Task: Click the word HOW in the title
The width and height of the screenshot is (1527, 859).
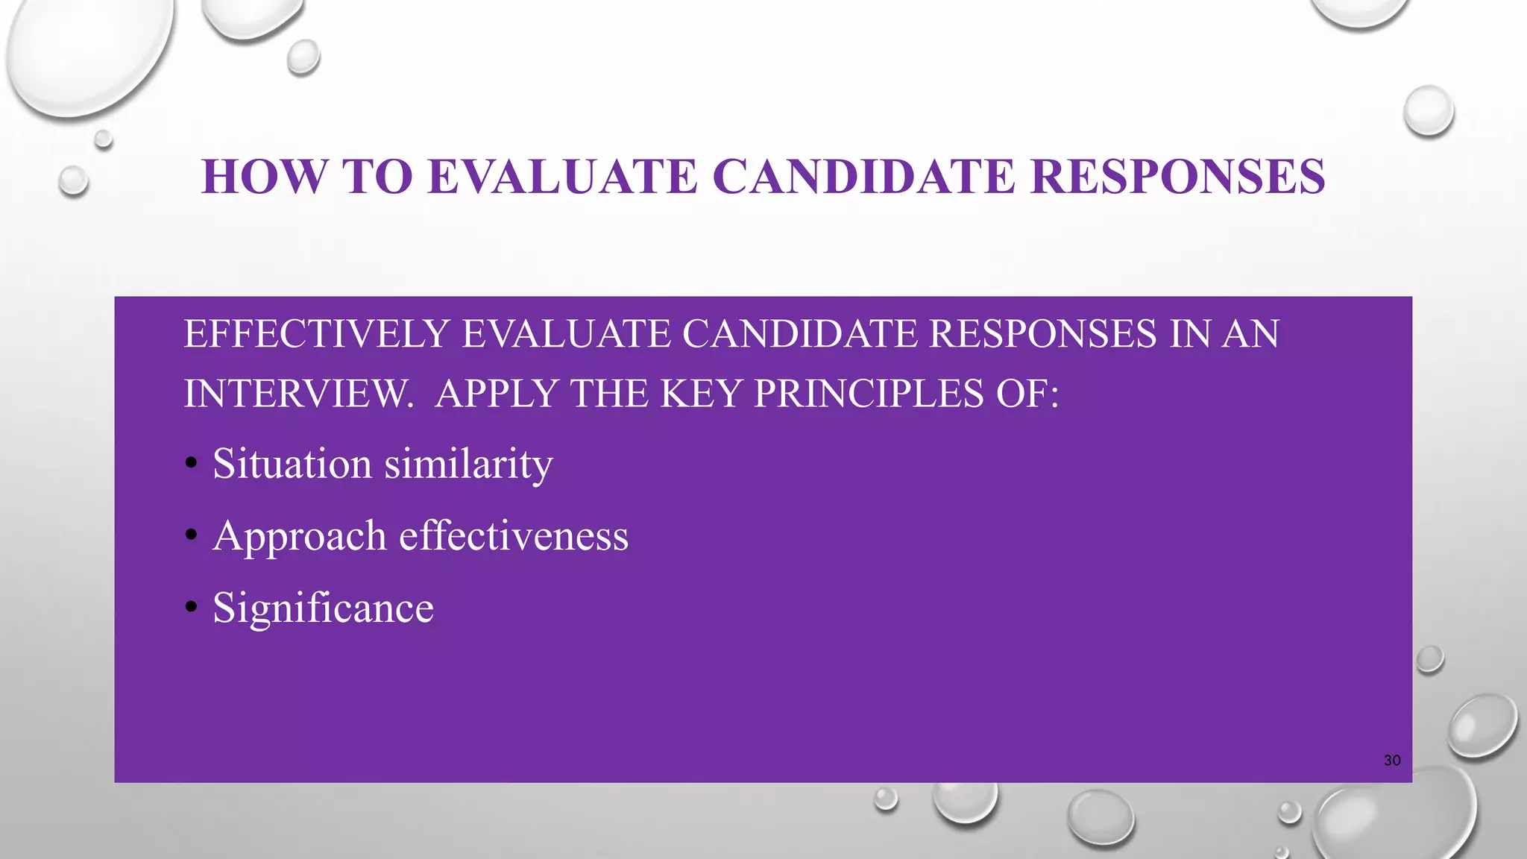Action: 264,177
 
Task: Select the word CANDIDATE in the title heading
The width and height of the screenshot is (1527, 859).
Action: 863,177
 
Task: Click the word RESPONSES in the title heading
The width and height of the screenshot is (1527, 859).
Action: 1177,177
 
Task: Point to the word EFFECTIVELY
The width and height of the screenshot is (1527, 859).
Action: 316,333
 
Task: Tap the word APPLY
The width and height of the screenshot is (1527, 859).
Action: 497,393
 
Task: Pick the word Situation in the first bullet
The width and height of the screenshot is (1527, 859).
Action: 292,464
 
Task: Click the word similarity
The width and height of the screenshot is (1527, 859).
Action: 468,464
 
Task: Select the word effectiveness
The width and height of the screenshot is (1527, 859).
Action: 514,536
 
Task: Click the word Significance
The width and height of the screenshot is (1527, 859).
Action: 323,608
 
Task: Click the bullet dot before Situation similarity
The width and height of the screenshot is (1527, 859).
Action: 192,464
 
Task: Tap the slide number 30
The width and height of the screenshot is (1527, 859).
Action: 1392,761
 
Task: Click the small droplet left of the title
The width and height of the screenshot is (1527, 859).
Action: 73,180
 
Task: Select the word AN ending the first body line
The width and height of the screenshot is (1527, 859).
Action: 1250,333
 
